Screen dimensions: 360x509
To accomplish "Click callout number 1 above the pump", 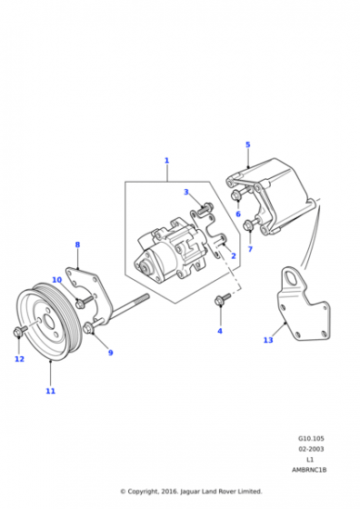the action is click(167, 160).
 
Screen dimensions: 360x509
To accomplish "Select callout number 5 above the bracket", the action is click(248, 145).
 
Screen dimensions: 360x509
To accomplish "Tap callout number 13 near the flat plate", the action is click(268, 340).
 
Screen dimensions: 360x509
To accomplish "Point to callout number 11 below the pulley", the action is click(50, 391).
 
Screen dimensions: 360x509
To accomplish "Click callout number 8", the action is click(77, 245).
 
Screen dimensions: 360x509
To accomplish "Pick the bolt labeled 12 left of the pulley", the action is click(20, 331).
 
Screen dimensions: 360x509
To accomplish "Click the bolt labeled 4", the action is click(223, 299).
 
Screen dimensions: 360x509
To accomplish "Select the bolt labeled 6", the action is click(238, 195).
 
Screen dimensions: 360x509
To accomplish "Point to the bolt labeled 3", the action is click(205, 207).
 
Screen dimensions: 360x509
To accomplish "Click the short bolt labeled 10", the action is click(84, 301).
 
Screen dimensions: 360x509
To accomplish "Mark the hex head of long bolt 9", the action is click(87, 328).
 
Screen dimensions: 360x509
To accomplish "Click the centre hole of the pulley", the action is click(50, 322).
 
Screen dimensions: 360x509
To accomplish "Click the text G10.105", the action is click(311, 438).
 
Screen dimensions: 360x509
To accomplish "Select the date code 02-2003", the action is click(311, 449).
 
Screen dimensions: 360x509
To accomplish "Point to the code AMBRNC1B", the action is click(309, 470).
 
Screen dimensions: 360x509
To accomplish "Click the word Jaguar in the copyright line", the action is click(189, 492).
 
